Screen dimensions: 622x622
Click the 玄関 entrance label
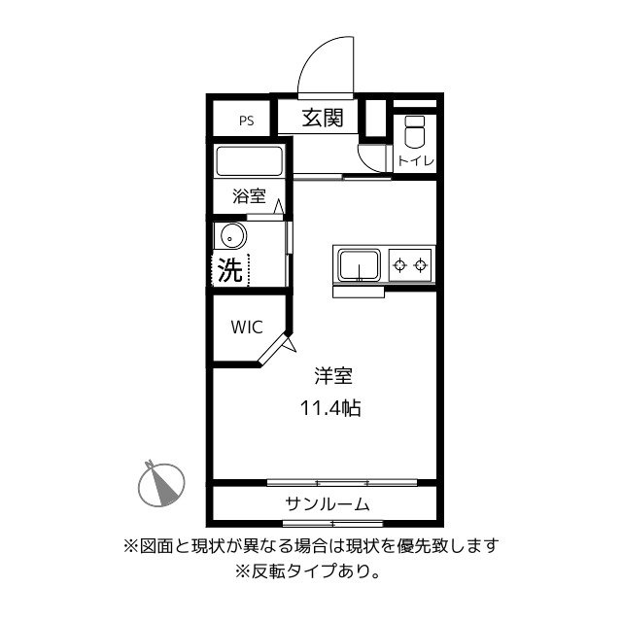coord(323,119)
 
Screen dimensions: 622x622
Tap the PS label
coord(247,121)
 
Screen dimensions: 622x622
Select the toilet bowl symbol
coord(414,131)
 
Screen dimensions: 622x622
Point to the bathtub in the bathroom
coord(249,161)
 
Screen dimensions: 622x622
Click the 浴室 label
coord(249,196)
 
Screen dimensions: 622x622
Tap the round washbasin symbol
coord(231,235)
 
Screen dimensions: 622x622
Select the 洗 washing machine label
coord(229,269)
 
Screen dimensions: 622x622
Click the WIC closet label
coord(246,328)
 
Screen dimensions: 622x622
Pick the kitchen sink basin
coord(360,264)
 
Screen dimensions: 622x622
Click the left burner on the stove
coord(399,263)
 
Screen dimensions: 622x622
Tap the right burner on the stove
coord(422,263)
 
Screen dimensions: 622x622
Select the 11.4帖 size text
coord(330,408)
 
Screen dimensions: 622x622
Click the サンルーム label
coord(327,503)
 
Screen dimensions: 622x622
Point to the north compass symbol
coord(161,483)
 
